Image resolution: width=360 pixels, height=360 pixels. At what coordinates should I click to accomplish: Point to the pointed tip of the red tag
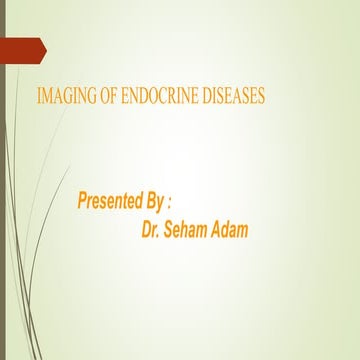[x=45, y=47]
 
